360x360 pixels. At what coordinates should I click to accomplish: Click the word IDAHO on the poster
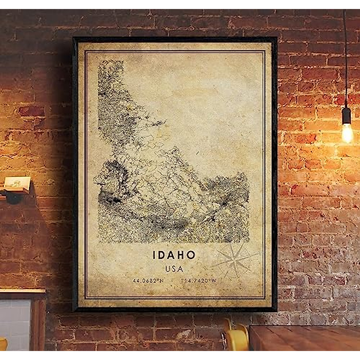pyautogui.click(x=174, y=255)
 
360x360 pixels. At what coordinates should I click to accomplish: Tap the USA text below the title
pyautogui.click(x=174, y=269)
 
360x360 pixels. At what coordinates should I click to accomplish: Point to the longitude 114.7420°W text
pyautogui.click(x=198, y=281)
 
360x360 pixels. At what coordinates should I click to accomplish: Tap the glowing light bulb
pyautogui.click(x=347, y=133)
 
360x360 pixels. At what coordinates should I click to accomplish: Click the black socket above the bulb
pyautogui.click(x=347, y=115)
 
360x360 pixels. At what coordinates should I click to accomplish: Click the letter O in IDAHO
pyautogui.click(x=190, y=255)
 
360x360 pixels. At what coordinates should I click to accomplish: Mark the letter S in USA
pyautogui.click(x=174, y=269)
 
